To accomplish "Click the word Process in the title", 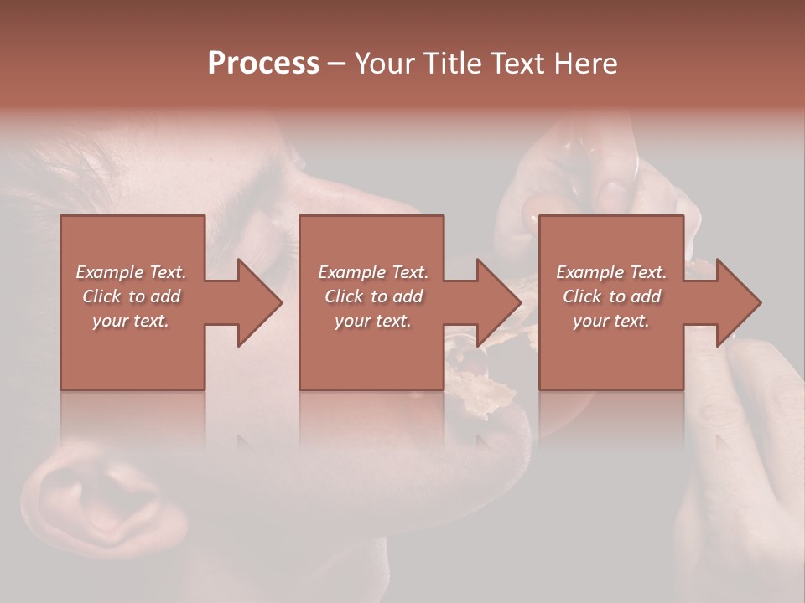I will click(263, 64).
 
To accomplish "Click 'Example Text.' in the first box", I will click(131, 272).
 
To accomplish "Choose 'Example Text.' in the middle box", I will click(373, 272).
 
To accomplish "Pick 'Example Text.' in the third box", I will click(611, 272).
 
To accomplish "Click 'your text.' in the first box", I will click(131, 321).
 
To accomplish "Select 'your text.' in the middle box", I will click(373, 321).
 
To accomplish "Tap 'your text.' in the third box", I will click(611, 321).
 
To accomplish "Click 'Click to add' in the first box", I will click(131, 296).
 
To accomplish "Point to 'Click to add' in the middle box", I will click(373, 296).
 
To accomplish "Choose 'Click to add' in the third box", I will click(611, 296).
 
